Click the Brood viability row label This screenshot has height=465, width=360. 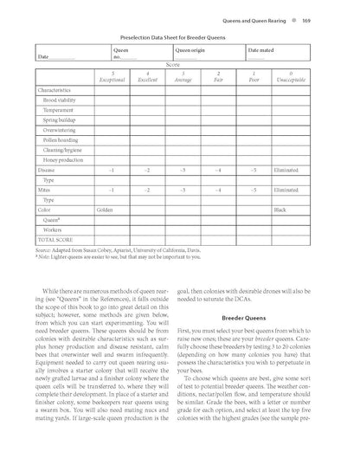(62, 100)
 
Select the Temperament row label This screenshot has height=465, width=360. (59, 110)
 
